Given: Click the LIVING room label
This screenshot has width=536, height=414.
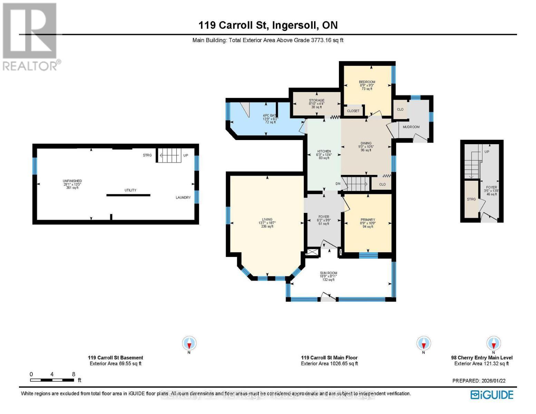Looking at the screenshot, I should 267,219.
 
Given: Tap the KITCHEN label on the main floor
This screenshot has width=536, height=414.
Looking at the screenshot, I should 324,151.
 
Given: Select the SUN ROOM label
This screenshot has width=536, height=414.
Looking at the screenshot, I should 328,273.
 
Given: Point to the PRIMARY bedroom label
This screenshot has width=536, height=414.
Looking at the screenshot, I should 368,220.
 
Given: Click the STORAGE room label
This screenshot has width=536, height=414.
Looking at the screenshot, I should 316,100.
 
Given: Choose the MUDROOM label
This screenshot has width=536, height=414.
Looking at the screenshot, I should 411,127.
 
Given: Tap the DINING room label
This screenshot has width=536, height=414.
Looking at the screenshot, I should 366,143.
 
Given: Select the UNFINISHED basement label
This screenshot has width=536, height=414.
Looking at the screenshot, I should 72,181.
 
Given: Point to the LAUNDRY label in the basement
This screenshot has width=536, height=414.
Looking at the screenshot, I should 183,198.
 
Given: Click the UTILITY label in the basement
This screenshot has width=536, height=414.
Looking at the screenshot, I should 130,190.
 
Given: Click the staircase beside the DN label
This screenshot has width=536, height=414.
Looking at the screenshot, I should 357,184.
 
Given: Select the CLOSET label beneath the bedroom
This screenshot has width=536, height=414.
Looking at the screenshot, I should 353,111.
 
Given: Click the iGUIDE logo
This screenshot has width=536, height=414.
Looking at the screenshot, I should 492,395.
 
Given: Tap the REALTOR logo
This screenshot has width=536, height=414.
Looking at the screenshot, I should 30,36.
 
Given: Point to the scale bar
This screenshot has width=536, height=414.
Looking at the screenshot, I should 52,380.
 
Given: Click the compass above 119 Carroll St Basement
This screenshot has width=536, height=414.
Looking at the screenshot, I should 189,343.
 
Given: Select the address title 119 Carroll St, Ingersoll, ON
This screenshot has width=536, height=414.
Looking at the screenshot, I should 268,25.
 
